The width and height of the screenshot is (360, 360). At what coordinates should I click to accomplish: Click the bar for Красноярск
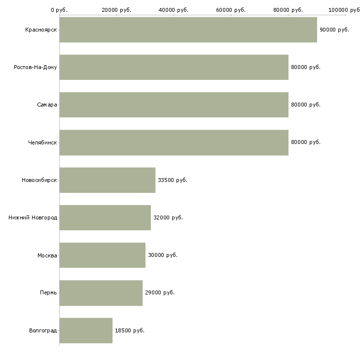[x=188, y=30]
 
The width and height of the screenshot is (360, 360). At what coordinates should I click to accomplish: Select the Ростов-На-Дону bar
[x=174, y=67]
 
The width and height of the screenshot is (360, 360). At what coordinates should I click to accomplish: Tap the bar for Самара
[x=174, y=105]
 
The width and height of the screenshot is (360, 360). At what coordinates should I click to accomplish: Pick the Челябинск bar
[x=174, y=143]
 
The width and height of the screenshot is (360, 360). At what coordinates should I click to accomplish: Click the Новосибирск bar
[x=108, y=180]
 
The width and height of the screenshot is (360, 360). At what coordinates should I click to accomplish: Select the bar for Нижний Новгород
[x=105, y=217]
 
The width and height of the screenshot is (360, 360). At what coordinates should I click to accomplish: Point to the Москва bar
[x=103, y=255]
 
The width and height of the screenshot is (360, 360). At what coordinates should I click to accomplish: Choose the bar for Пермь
[x=101, y=293]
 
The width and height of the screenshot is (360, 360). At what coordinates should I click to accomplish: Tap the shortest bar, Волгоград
[x=86, y=330]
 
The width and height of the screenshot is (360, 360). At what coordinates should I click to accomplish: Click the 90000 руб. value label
[x=334, y=30]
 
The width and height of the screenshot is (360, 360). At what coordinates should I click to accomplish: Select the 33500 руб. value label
[x=173, y=180]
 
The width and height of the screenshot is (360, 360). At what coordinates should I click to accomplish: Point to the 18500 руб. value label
[x=129, y=330]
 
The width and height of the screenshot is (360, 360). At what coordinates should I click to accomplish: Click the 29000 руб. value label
[x=160, y=293]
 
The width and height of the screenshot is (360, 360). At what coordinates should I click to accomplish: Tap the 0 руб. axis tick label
[x=59, y=10]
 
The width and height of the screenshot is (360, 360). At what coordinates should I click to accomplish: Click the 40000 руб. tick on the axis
[x=174, y=10]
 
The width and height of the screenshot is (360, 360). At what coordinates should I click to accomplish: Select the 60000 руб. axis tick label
[x=231, y=10]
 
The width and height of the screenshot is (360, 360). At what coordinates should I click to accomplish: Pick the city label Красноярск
[x=41, y=30]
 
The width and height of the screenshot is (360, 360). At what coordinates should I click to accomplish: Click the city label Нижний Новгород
[x=33, y=217]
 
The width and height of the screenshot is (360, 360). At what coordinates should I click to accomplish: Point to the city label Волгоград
[x=43, y=330]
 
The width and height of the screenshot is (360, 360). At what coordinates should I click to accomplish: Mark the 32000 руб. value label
[x=168, y=217]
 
